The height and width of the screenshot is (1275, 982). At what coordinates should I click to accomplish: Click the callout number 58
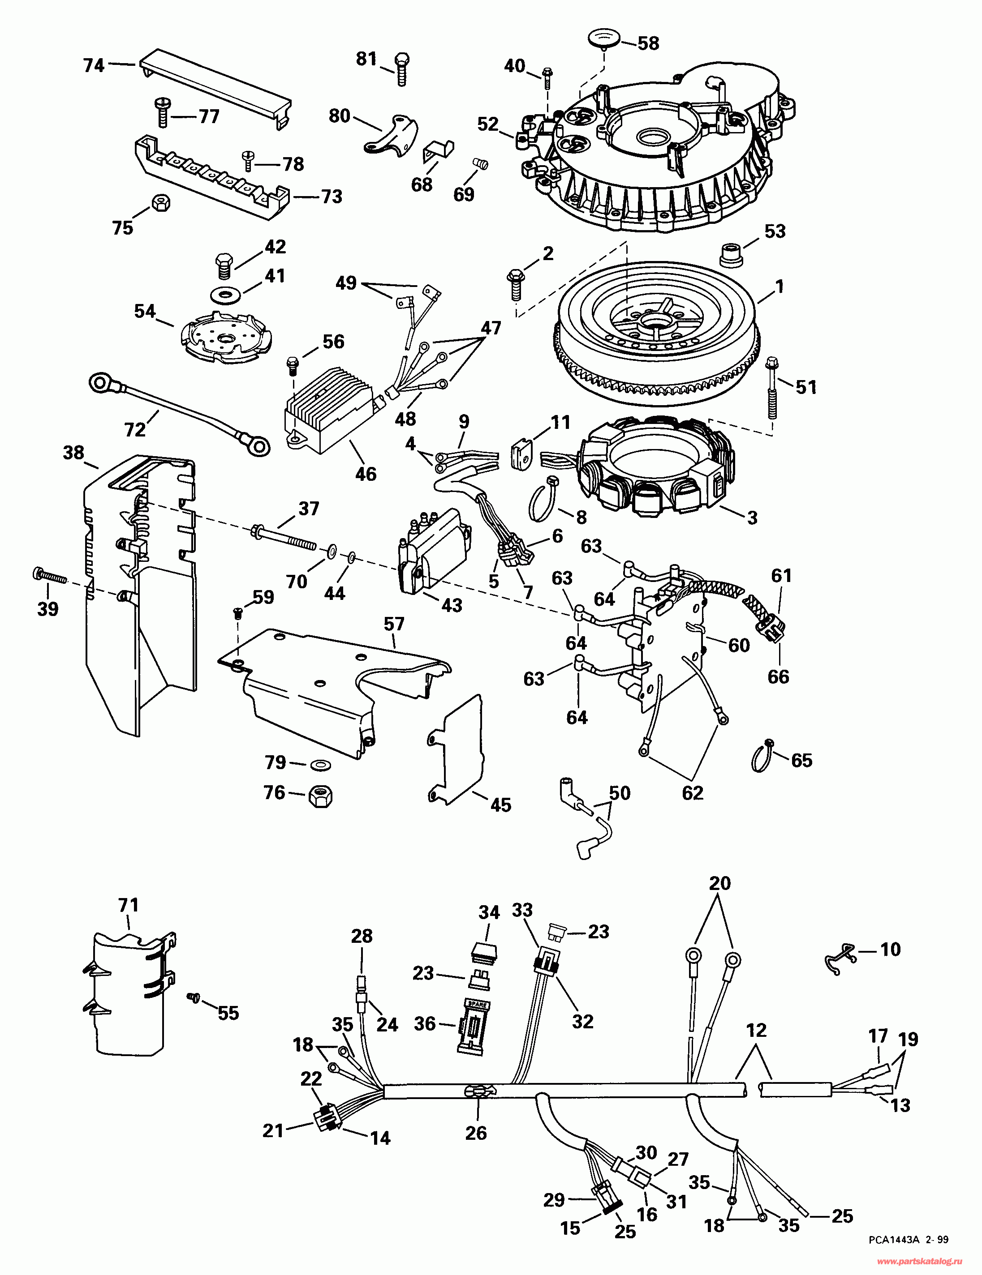tap(648, 43)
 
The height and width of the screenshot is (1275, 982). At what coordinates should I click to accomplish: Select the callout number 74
tap(94, 65)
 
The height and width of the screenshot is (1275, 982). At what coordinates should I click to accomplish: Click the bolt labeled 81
tap(402, 69)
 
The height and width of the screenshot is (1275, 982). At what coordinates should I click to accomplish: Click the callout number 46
tap(366, 474)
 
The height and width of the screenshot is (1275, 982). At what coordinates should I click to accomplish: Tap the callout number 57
tap(394, 624)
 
